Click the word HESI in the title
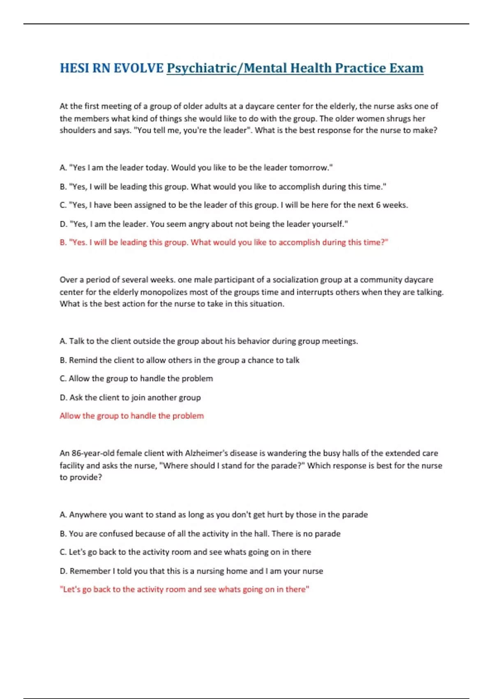tap(74, 68)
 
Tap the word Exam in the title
tap(406, 68)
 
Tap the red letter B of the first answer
tap(63, 243)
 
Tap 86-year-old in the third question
tap(93, 453)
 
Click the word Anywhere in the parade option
tap(87, 515)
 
